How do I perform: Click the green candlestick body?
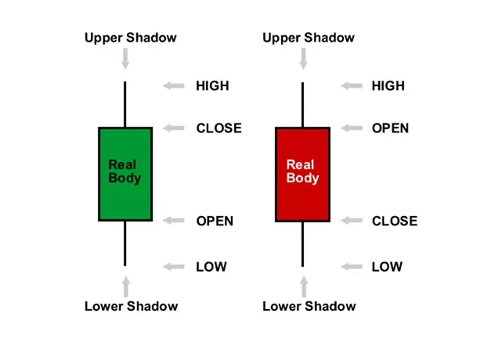125,174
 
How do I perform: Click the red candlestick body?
302,174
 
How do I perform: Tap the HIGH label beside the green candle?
212,86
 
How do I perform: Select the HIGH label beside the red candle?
388,86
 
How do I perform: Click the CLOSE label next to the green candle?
218,128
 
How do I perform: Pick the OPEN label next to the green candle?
215,221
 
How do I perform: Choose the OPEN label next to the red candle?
390,128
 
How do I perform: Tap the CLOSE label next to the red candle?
394,221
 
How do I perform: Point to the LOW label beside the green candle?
211,267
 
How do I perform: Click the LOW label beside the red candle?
387,267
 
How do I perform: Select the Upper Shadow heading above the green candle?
131,38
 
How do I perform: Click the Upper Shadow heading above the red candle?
309,38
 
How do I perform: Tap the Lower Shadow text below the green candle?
131,306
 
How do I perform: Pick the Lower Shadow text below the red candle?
309,306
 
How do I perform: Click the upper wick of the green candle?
125,103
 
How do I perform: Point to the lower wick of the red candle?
302,243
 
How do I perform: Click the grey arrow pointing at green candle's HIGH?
174,86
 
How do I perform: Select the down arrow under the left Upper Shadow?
125,58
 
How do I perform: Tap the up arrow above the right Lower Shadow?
303,286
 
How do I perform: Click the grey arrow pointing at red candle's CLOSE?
351,221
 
